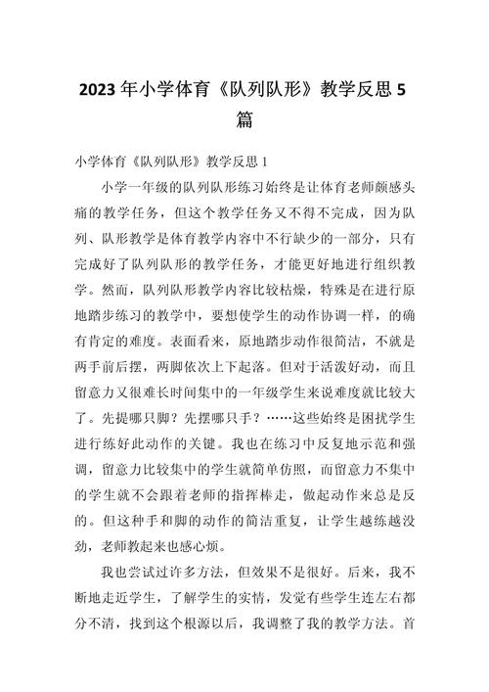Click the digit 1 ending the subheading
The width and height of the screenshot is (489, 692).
[266, 160]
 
